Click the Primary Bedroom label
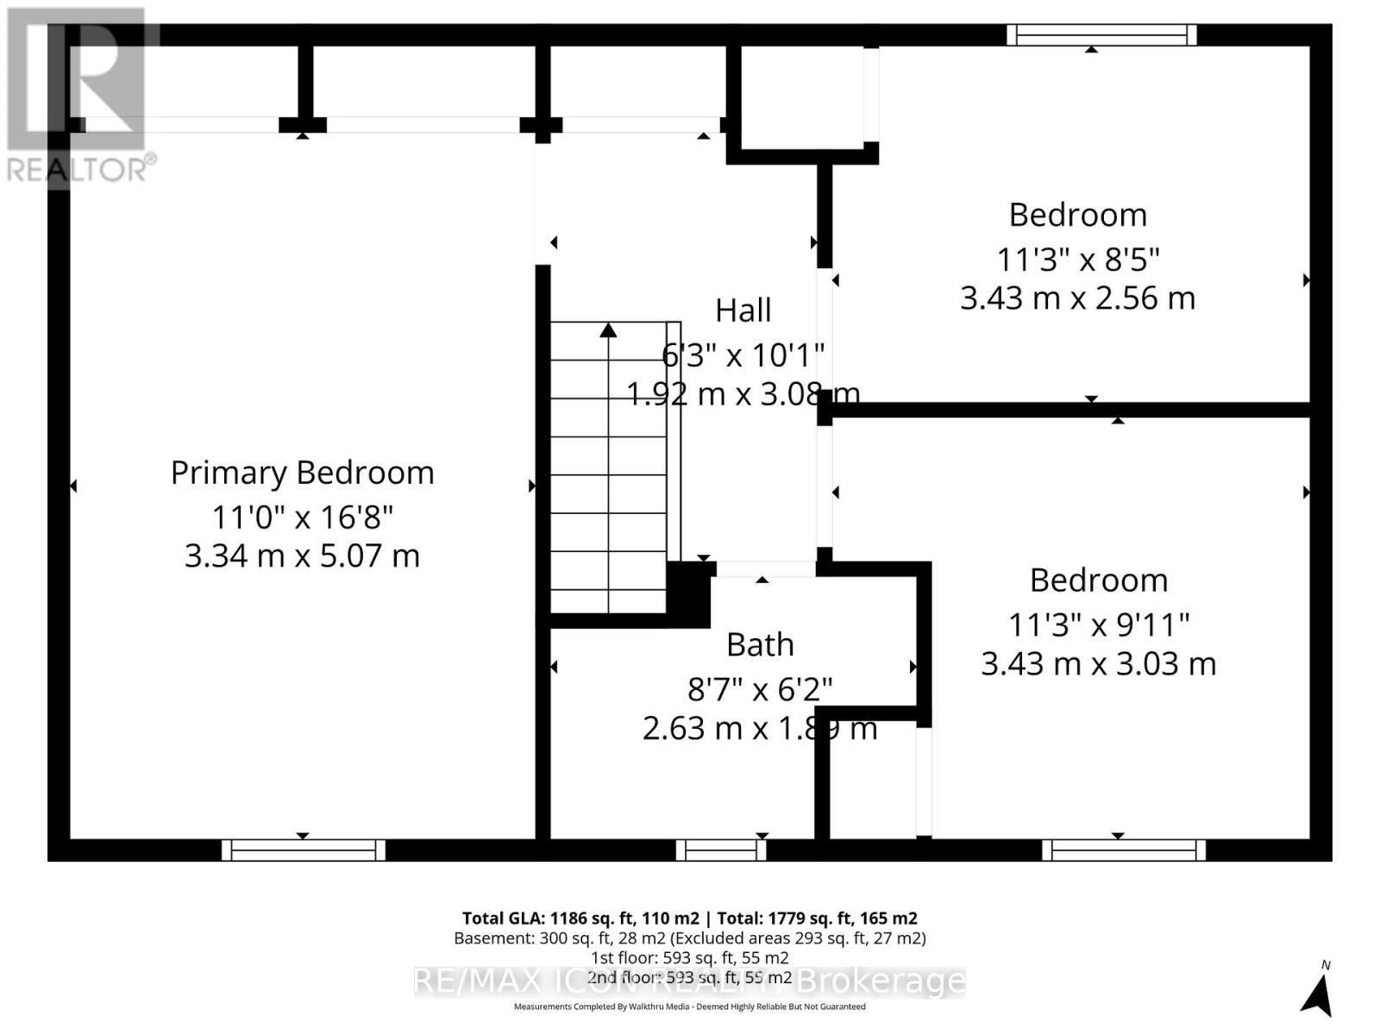click(x=302, y=473)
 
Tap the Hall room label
click(x=743, y=310)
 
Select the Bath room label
click(x=760, y=644)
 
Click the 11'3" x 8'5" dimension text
click(x=1077, y=258)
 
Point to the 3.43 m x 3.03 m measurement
click(x=1098, y=663)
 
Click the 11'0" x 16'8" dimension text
click(x=302, y=517)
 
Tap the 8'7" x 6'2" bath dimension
click(x=759, y=689)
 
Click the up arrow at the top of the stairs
click(x=609, y=330)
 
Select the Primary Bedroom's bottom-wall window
click(x=304, y=850)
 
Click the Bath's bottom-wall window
click(x=721, y=850)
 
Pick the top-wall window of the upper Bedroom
click(x=1101, y=34)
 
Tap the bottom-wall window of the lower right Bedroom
click(x=1123, y=850)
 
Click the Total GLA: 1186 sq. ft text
click(x=580, y=918)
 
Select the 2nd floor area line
click(x=689, y=977)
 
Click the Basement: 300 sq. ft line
click(x=689, y=938)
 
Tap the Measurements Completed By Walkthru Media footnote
click(x=689, y=1007)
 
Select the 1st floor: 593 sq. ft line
click(x=689, y=957)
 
